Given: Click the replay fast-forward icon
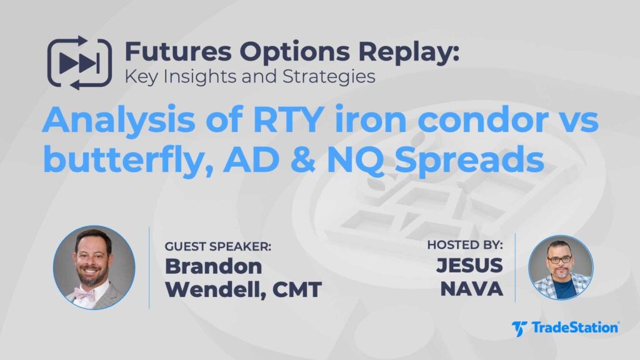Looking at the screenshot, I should (x=79, y=63).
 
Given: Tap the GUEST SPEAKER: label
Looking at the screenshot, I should (x=218, y=246).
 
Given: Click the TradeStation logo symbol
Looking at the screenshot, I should (x=519, y=327).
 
